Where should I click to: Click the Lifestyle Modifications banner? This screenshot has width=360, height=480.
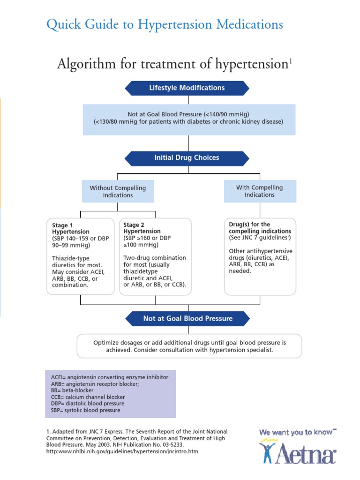pos(187,88)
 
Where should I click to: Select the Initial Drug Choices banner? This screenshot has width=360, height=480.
pos(187,157)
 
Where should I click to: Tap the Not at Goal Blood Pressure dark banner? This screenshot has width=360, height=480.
pos(187,318)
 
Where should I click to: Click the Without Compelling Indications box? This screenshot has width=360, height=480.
pos(118,191)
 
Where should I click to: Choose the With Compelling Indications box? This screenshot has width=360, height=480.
pos(260,191)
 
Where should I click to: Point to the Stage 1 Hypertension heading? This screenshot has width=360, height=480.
pos(71,228)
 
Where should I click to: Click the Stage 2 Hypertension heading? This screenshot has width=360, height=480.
pos(142,228)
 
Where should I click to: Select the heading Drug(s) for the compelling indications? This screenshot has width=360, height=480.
pos(260,228)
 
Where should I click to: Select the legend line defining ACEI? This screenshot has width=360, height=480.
pos(109,377)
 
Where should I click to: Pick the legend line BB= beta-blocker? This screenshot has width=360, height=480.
pos(72,390)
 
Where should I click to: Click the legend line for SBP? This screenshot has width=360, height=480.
pos(85,410)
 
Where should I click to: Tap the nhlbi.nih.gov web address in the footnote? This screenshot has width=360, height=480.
pos(122,451)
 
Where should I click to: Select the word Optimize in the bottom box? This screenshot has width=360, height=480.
pos(107,343)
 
